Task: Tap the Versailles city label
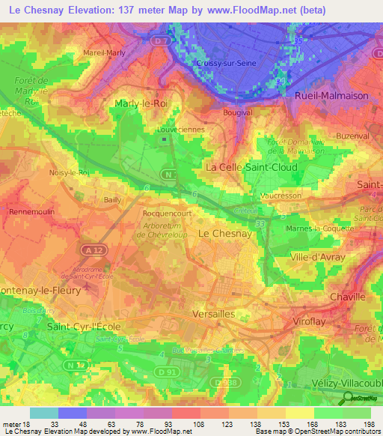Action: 214,314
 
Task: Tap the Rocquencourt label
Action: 165,214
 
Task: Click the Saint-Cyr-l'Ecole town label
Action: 84,327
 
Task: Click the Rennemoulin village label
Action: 31,212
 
